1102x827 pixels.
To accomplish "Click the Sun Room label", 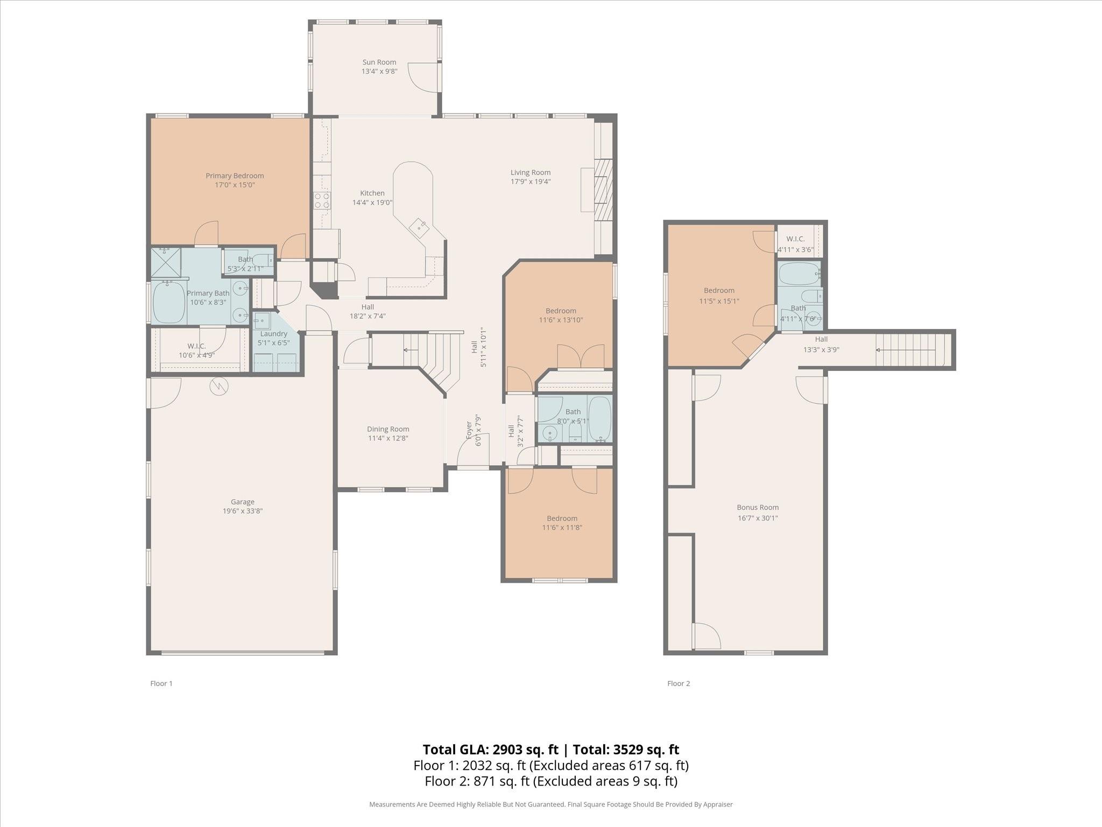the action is coord(379,62).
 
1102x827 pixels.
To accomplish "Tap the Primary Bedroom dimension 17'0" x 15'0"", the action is coord(235,185).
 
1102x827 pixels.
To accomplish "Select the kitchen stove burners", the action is coord(322,200).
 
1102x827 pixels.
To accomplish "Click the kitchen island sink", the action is coord(419,228).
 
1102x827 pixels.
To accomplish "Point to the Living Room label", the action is coord(531,172).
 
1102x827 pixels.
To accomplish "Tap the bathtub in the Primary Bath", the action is coord(169,302).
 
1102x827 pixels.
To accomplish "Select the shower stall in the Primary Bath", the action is coord(166,262).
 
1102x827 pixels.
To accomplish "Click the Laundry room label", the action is coord(273,334).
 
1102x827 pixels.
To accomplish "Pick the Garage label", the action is coord(243,502).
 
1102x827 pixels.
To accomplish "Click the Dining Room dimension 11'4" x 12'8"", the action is coord(388,438).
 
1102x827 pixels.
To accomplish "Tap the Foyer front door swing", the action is coord(473,450).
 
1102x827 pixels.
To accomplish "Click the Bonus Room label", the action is coord(758,507).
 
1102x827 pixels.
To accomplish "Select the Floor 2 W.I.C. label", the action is coord(795,239).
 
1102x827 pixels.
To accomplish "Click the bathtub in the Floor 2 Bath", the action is coord(800,274).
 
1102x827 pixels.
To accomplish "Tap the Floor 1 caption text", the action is coord(161,683).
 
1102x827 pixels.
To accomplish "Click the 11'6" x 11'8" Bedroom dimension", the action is coord(562,528).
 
